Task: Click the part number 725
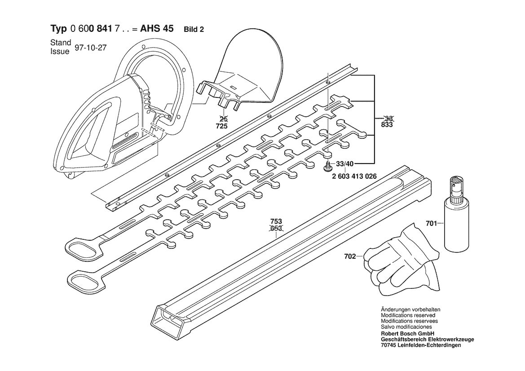click(222, 126)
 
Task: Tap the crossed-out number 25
click(222, 119)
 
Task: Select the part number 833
click(387, 125)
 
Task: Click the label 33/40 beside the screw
click(344, 164)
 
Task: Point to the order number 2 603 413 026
click(354, 176)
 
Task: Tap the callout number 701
click(432, 223)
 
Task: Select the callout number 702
click(350, 257)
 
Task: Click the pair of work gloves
click(402, 260)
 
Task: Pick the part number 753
click(276, 221)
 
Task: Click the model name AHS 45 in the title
click(157, 28)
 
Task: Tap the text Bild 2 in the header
click(194, 30)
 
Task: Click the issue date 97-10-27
click(90, 48)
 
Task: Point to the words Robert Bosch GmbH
click(407, 334)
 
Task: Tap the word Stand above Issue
click(61, 43)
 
